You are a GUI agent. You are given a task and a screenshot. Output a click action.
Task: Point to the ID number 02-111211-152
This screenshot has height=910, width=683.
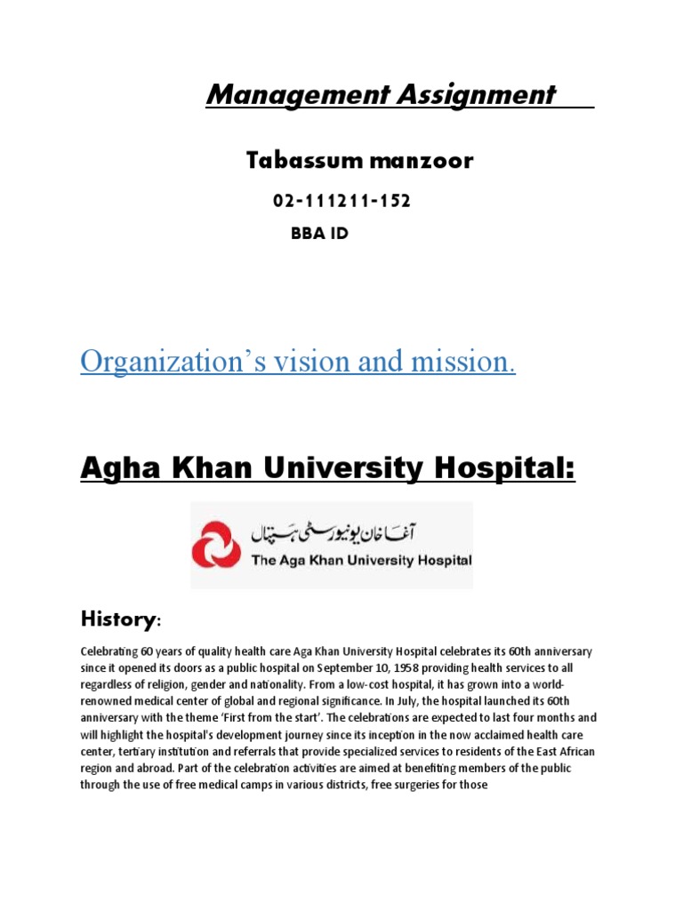341,202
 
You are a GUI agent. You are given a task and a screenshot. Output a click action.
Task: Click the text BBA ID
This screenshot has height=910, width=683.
320,235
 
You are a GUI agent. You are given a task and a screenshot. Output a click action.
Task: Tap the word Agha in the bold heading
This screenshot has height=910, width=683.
116,467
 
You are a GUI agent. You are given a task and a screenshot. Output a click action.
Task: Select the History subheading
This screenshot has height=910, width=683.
113,618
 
